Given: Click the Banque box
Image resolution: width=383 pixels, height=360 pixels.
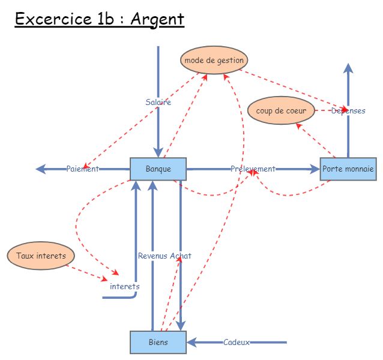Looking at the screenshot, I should (x=158, y=169).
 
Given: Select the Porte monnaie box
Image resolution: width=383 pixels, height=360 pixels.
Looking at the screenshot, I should (x=348, y=169).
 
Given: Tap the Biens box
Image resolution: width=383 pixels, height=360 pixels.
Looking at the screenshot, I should (x=158, y=342).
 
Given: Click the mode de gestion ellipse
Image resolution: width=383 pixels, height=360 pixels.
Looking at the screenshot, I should (x=214, y=60).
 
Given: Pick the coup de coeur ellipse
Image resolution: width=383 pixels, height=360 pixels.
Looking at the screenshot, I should (x=281, y=110).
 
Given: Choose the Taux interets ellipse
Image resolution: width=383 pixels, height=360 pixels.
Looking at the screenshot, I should (x=41, y=256).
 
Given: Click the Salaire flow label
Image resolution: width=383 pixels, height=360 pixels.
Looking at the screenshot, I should (x=158, y=102).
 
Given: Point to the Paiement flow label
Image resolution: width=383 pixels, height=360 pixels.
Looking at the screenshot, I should (x=82, y=169).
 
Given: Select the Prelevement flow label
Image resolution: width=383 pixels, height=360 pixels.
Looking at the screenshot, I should (x=253, y=169).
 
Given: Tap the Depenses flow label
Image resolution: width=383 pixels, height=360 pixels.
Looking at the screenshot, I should (x=348, y=110).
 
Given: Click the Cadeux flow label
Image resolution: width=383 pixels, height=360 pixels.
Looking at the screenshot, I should (x=236, y=342).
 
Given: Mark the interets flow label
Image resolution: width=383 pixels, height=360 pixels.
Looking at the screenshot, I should (x=124, y=286).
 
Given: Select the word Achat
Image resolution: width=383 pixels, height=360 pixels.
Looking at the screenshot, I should (x=180, y=256).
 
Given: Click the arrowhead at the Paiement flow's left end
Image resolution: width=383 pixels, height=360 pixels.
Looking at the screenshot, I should (x=41, y=169).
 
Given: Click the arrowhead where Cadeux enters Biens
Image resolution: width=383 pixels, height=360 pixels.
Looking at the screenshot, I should (x=191, y=342).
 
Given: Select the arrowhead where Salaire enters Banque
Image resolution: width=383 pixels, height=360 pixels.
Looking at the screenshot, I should (x=158, y=152).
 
